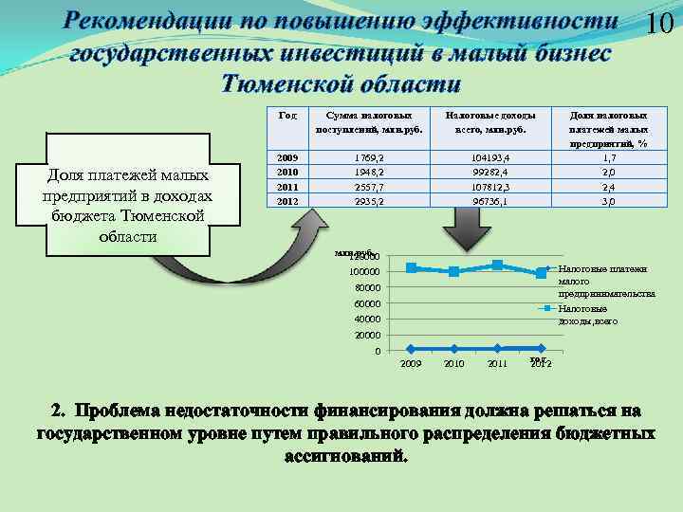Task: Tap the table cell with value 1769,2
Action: [368, 157]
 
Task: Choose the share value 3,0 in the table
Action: [609, 201]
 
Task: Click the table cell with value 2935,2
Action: [368, 201]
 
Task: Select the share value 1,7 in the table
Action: [609, 157]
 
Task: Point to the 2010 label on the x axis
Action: [454, 364]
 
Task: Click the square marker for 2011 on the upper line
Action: [498, 265]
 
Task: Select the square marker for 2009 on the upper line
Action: [411, 267]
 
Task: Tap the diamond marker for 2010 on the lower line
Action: [454, 349]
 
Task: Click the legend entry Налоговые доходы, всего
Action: [587, 315]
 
